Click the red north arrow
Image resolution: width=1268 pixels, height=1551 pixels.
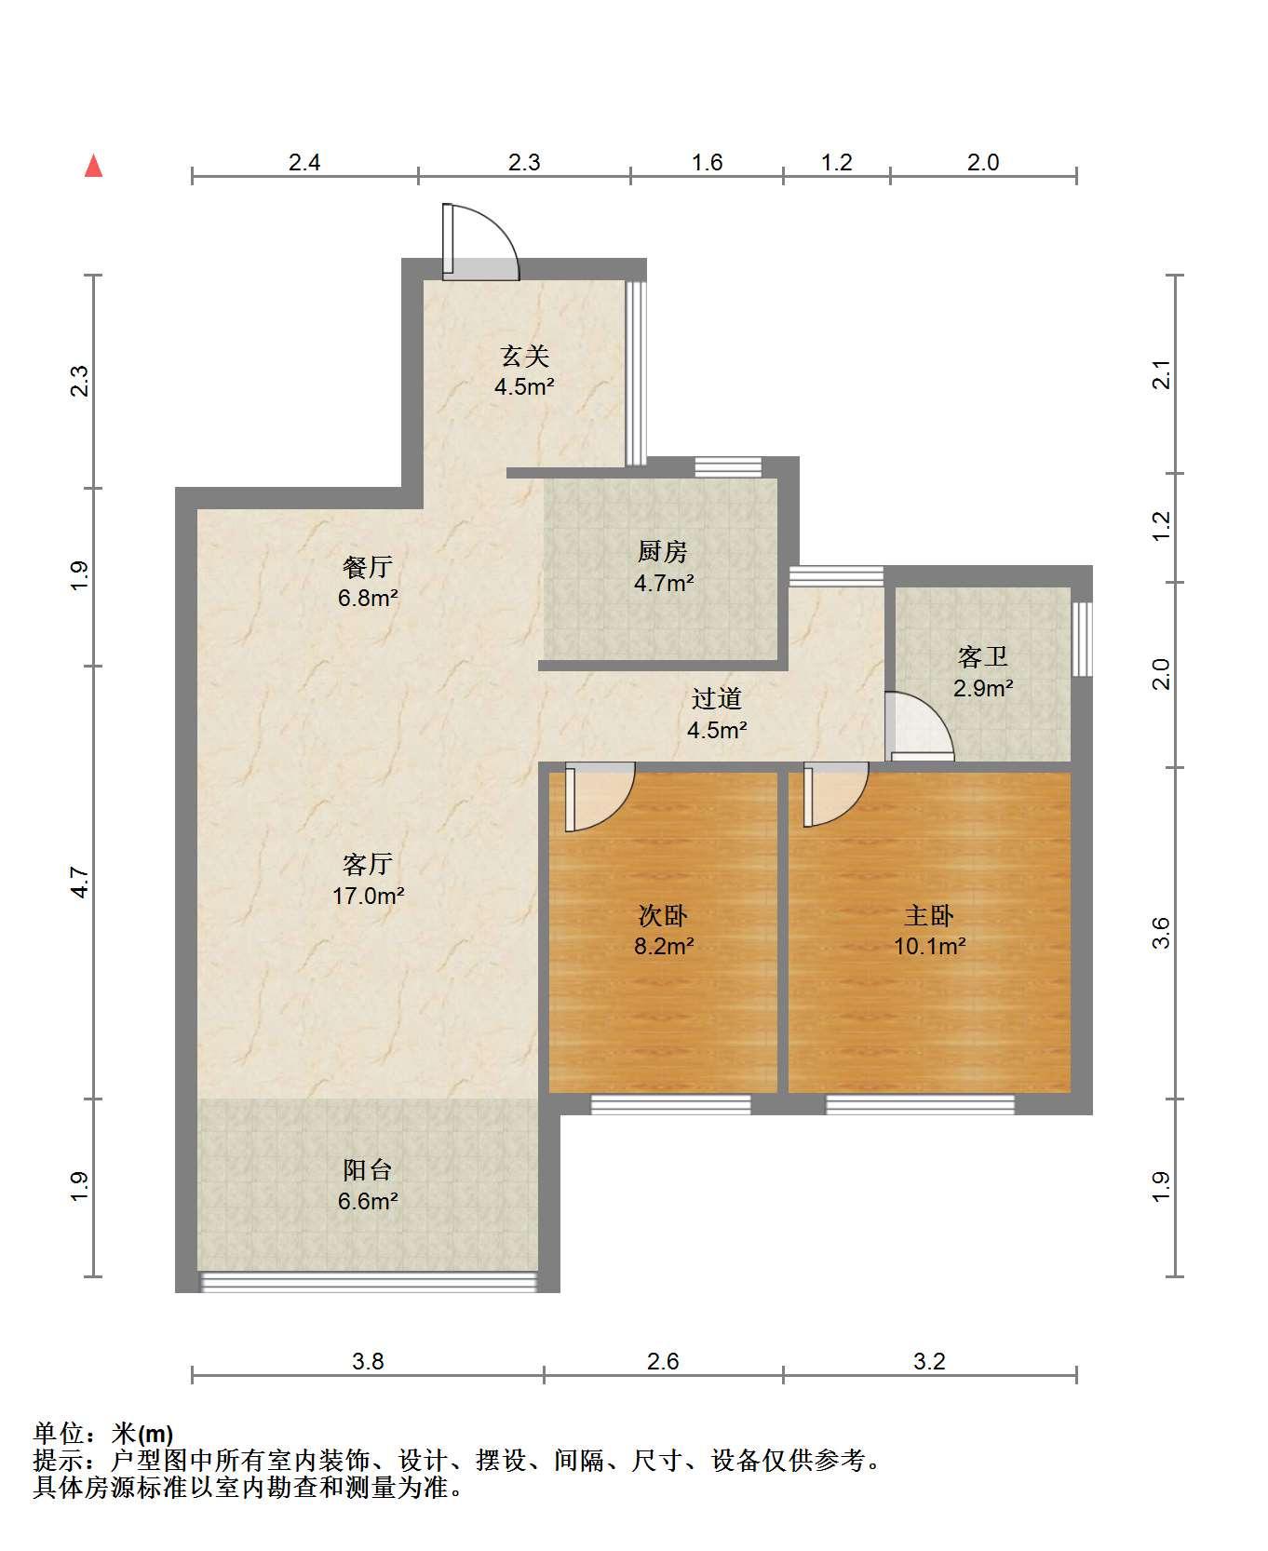(x=93, y=166)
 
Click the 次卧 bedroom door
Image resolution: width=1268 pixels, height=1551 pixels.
(x=600, y=797)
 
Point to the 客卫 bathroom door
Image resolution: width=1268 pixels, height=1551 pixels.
(x=919, y=726)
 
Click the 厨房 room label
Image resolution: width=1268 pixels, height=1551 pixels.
(x=663, y=552)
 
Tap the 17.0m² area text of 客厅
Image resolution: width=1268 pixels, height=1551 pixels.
(x=369, y=896)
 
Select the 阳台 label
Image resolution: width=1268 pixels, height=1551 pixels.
(x=368, y=1169)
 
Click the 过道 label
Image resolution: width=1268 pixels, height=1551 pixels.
(x=717, y=698)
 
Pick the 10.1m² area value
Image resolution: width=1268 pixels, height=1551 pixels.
(x=929, y=947)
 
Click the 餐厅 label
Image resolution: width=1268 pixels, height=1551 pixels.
(x=368, y=566)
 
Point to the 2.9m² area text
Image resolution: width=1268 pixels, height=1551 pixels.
(x=983, y=689)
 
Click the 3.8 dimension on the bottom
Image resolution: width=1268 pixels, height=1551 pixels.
(x=368, y=1361)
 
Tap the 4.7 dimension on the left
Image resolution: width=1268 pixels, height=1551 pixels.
(x=80, y=882)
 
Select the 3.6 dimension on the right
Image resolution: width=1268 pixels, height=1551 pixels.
(x=1160, y=933)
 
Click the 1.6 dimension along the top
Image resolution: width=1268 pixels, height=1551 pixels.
(x=708, y=162)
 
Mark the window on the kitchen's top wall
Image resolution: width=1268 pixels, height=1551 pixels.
(x=728, y=466)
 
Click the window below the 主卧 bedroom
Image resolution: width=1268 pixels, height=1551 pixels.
(x=920, y=1104)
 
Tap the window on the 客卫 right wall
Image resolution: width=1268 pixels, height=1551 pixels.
(x=1081, y=639)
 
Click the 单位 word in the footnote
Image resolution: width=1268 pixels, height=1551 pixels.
(x=58, y=1435)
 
